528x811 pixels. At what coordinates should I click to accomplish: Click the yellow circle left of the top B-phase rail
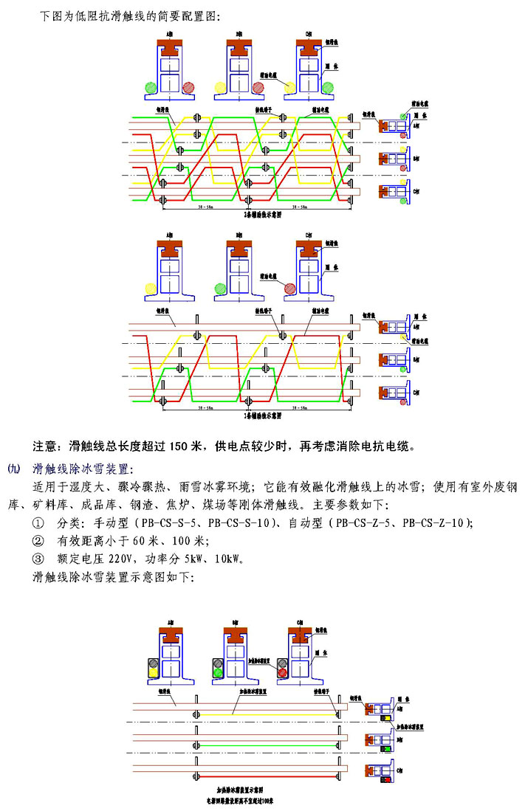click(220, 87)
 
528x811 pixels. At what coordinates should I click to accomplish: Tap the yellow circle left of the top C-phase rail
click(290, 88)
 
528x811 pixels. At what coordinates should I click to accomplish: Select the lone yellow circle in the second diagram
click(151, 289)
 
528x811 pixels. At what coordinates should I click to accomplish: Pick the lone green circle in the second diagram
click(220, 289)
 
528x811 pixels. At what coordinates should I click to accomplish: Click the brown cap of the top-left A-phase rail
click(171, 44)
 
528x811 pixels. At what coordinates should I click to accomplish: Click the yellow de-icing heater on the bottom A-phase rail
click(154, 672)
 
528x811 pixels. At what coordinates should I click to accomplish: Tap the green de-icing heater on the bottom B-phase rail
click(219, 672)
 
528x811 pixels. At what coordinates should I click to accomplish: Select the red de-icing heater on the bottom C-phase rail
click(282, 672)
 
